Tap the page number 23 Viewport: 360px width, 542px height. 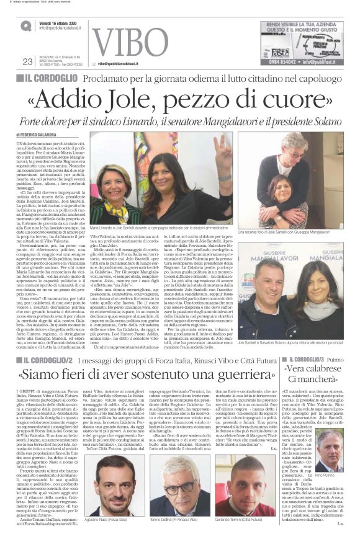click(x=27, y=61)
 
